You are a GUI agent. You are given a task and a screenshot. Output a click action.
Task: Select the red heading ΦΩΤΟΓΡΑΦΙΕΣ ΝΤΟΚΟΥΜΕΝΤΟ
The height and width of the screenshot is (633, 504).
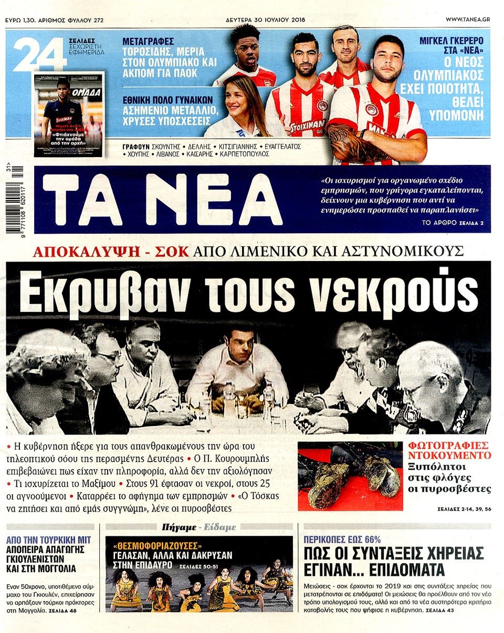click(450, 451)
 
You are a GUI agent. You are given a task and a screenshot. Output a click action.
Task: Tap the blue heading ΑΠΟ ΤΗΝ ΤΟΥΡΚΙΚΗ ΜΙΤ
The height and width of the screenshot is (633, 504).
click(49, 539)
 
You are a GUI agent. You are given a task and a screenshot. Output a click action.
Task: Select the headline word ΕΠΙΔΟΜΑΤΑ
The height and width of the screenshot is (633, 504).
click(403, 570)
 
